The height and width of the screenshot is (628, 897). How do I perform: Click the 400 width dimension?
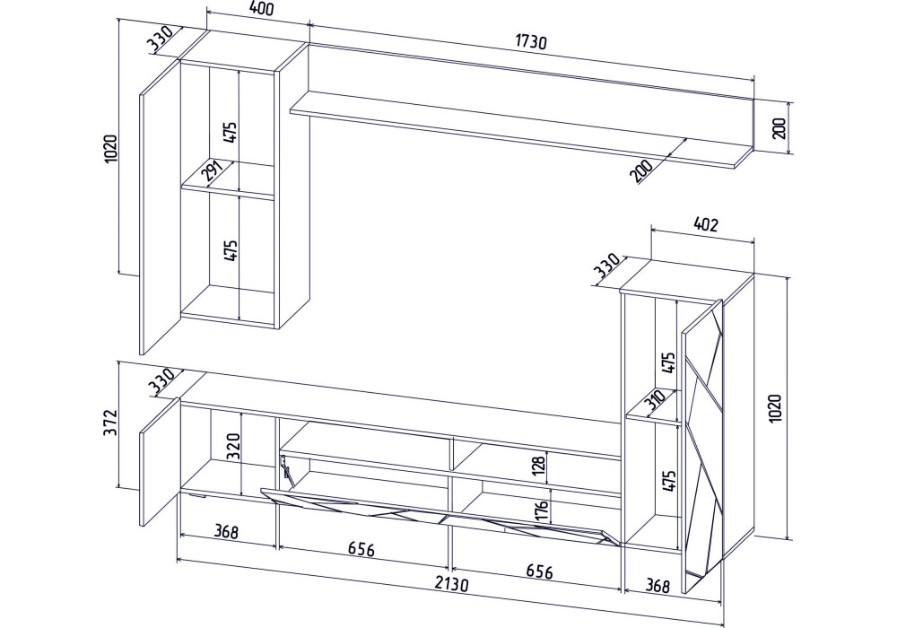(262, 9)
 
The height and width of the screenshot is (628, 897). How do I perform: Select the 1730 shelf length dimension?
(531, 42)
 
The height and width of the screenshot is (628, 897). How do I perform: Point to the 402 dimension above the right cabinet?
(704, 225)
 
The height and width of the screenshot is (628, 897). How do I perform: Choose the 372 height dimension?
(111, 422)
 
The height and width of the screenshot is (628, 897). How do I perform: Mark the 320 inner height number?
(233, 447)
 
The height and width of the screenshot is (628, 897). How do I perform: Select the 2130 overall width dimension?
(452, 584)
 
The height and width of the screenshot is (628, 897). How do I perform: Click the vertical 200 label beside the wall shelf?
(779, 128)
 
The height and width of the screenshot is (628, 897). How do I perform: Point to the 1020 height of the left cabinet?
(110, 148)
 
